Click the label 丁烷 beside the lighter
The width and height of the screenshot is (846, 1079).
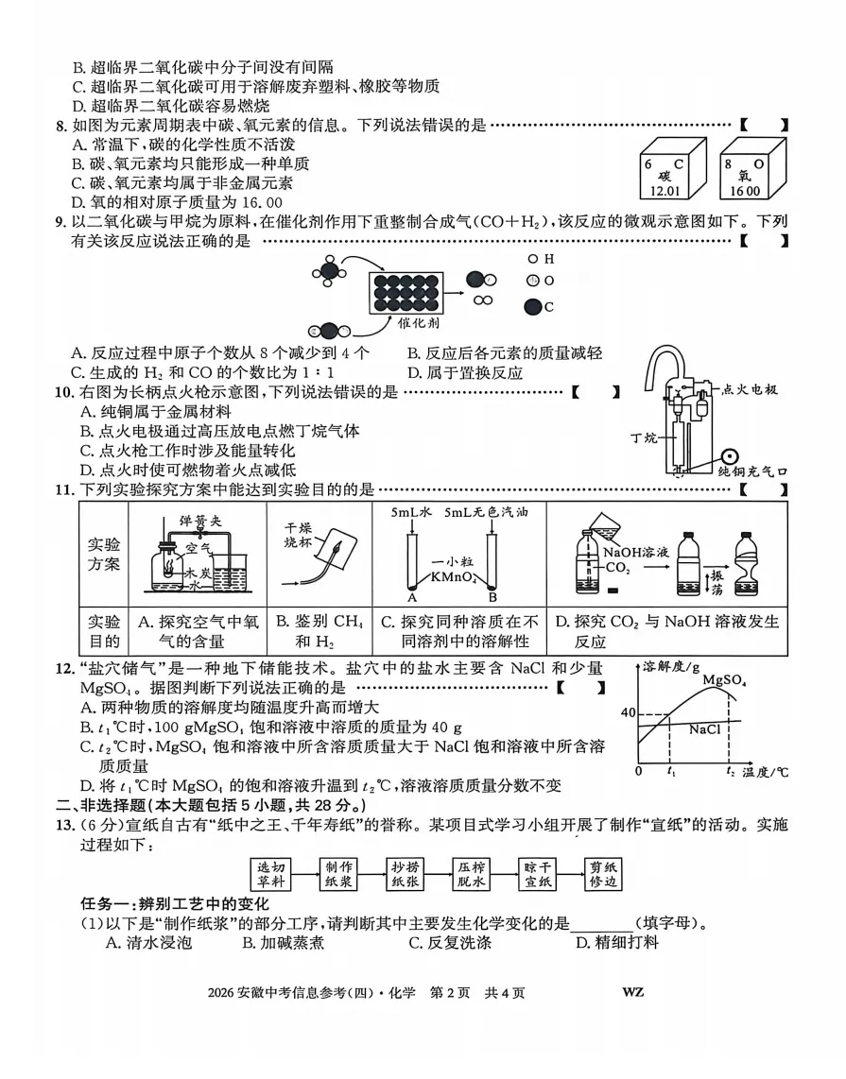click(644, 437)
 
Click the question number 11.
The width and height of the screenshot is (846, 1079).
click(64, 489)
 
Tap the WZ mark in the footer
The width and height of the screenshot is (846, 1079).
click(633, 992)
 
